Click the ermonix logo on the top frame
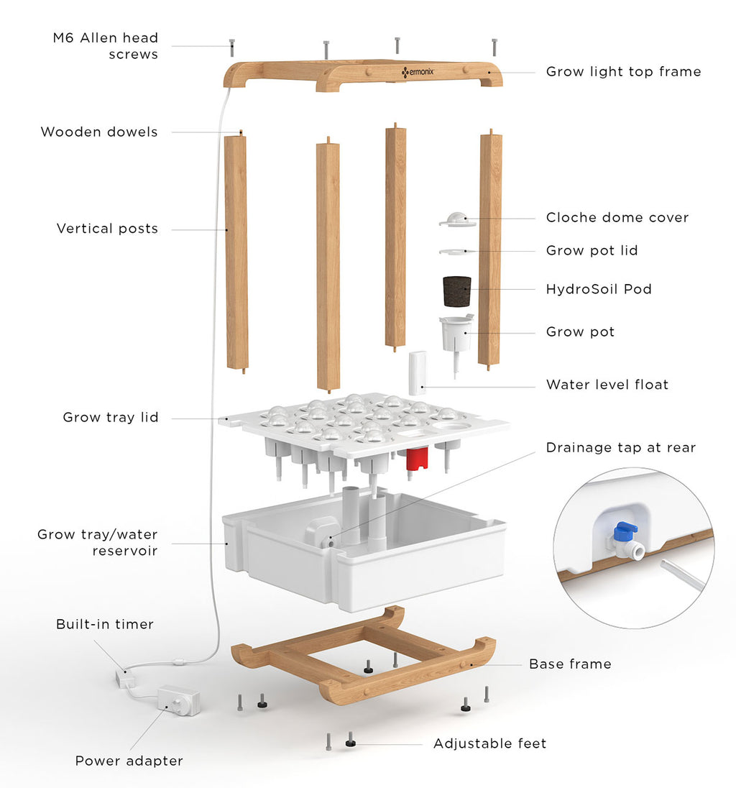[x=418, y=73]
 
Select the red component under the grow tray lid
[x=417, y=458]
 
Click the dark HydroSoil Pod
[x=456, y=291]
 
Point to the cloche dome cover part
[x=458, y=219]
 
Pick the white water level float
[x=418, y=372]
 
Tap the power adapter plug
[x=178, y=700]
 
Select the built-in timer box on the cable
[x=124, y=677]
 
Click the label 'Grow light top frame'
[x=623, y=72]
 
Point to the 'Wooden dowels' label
[x=99, y=132]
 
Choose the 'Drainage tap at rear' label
[x=620, y=447]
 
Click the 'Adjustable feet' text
[x=489, y=743]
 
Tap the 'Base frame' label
[x=570, y=664]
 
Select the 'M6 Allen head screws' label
[x=106, y=46]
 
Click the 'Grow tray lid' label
[x=111, y=417]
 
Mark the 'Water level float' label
[x=607, y=385]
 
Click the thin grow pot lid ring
[x=457, y=251]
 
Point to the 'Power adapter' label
[x=129, y=761]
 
